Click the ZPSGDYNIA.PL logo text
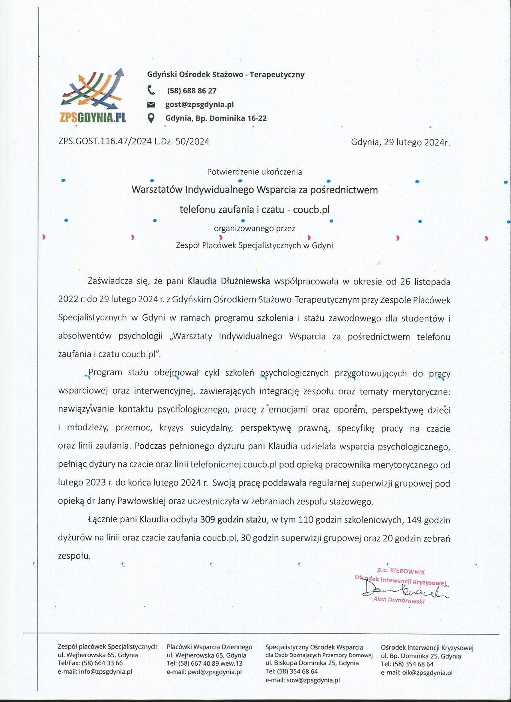coord(93,117)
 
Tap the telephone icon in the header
coord(151,91)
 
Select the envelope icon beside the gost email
coord(151,105)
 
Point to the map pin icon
coord(151,118)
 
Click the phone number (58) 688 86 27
coord(191,91)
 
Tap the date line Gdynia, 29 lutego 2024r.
coord(400,142)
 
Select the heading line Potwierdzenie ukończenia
coord(254,172)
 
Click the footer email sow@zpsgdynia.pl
coord(313,680)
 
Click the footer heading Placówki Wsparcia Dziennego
coord(210,647)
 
